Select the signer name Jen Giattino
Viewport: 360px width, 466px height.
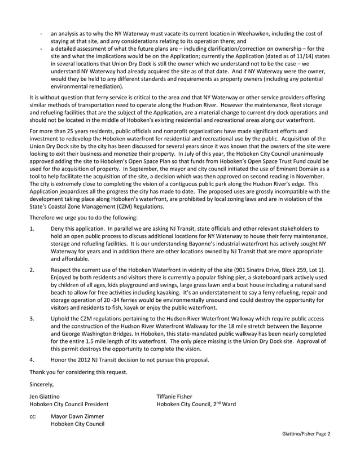[x=47, y=397]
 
